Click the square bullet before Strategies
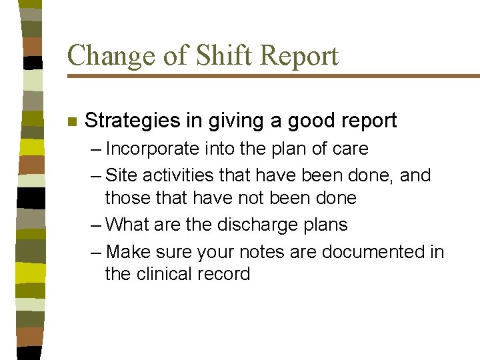click(x=72, y=122)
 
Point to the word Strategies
click(x=131, y=121)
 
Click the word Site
click(x=120, y=175)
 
